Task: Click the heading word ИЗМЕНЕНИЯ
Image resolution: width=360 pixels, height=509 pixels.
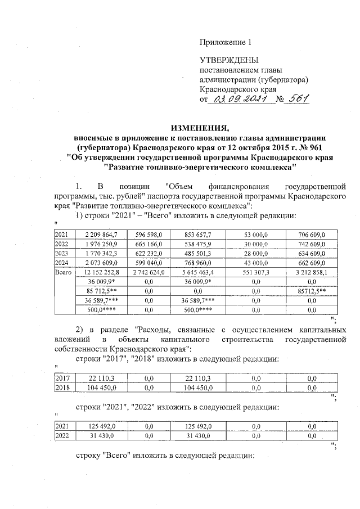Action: [x=201, y=126]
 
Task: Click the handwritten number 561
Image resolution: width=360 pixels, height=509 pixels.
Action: [x=298, y=99]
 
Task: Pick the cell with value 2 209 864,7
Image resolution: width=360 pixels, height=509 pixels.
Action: [x=101, y=235]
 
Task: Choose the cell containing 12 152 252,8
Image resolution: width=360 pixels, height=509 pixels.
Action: [x=101, y=272]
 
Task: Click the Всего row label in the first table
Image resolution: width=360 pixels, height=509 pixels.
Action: [x=62, y=272]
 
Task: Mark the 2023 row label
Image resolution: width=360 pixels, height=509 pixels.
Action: [x=61, y=254]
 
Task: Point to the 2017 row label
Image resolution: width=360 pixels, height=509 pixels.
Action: [x=61, y=379]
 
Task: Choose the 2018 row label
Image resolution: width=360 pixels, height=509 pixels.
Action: [x=61, y=388]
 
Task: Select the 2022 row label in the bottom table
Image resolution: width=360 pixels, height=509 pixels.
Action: [x=61, y=436]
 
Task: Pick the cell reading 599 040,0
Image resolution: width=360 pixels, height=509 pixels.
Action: [x=148, y=263]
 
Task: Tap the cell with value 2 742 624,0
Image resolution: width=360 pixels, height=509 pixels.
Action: [x=148, y=272]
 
